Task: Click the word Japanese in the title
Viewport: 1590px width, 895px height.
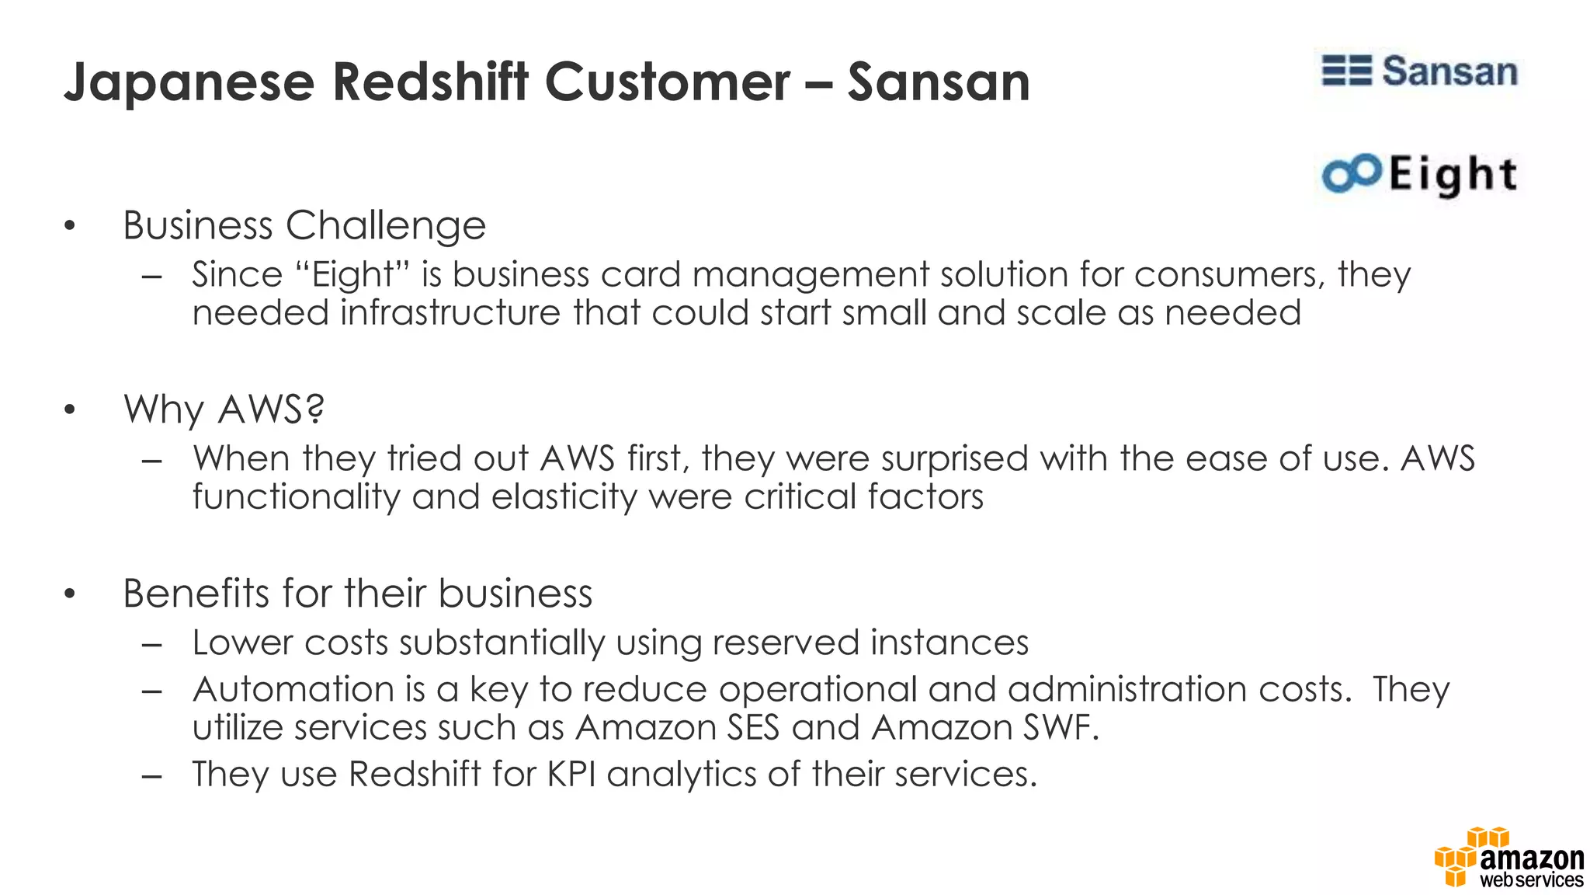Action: pyautogui.click(x=189, y=83)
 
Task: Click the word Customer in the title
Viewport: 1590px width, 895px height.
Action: pyautogui.click(x=667, y=82)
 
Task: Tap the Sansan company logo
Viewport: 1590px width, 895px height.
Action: pyautogui.click(x=1419, y=71)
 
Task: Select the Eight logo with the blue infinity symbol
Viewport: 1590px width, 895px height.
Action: pyautogui.click(x=1419, y=174)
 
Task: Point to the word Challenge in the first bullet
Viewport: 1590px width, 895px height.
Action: pyautogui.click(x=386, y=226)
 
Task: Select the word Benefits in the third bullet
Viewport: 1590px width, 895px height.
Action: pyautogui.click(x=196, y=594)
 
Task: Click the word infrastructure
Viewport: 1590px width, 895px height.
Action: pyautogui.click(x=450, y=313)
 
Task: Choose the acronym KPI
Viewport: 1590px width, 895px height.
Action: pyautogui.click(x=571, y=774)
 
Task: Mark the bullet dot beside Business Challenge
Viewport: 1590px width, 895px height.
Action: pyautogui.click(x=70, y=227)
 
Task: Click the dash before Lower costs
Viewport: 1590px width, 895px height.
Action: pyautogui.click(x=152, y=644)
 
